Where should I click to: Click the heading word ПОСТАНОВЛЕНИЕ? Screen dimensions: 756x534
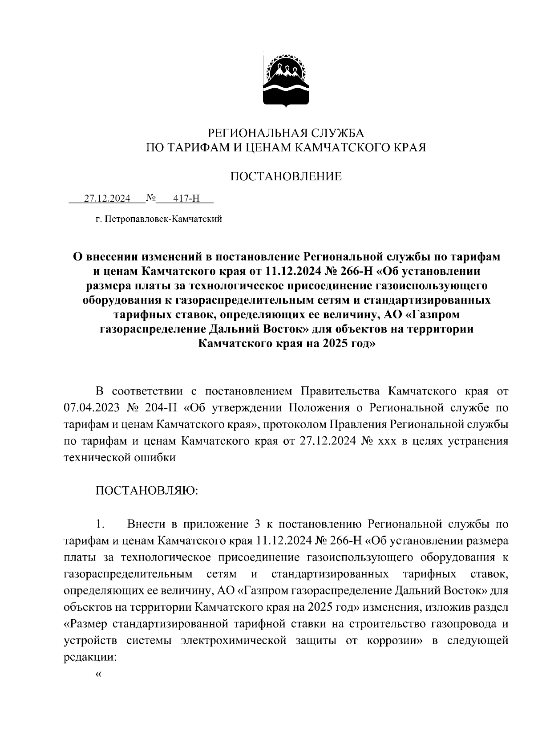pyautogui.click(x=286, y=177)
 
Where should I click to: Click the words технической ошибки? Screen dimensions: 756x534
pyautogui.click(x=120, y=457)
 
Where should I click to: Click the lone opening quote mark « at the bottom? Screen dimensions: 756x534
pyautogui.click(x=98, y=674)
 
